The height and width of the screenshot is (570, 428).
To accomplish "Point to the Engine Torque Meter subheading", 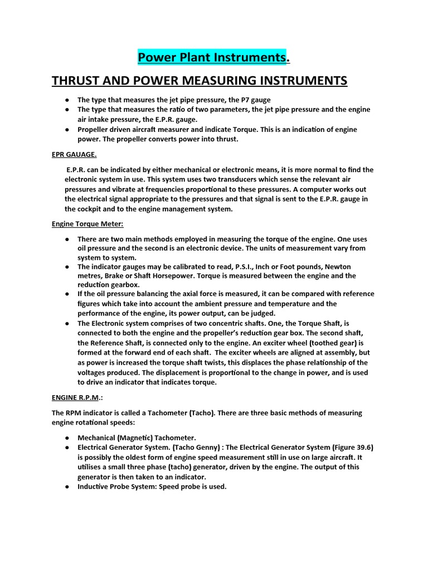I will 80,224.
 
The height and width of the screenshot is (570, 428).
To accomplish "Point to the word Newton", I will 338,267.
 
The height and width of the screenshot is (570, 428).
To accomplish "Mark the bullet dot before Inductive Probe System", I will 66,487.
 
